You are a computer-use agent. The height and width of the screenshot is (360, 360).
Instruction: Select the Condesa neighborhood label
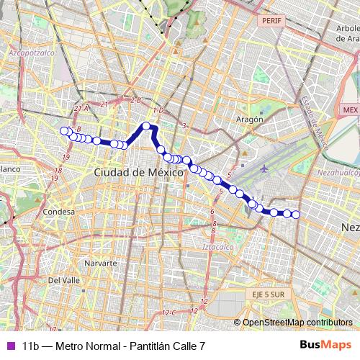pyautogui.click(x=58, y=212)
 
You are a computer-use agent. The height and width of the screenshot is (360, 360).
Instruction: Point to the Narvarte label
pyautogui.click(x=100, y=264)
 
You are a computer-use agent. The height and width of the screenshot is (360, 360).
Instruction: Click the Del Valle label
pyautogui.click(x=63, y=279)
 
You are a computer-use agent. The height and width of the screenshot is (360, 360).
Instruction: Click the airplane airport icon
pyautogui.click(x=265, y=168)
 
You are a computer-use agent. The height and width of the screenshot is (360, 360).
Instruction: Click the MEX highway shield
pyautogui.click(x=350, y=109)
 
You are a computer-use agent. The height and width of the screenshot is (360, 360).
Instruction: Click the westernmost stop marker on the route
pyautogui.click(x=63, y=130)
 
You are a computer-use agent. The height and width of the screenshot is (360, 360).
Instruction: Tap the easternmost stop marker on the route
pyautogui.click(x=295, y=213)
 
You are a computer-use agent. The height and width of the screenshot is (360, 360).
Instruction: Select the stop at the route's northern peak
pyautogui.click(x=146, y=126)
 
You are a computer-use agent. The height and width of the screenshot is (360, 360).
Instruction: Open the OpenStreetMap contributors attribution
pyautogui.click(x=297, y=323)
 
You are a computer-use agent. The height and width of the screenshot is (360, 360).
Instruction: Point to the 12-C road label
pyautogui.click(x=170, y=312)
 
